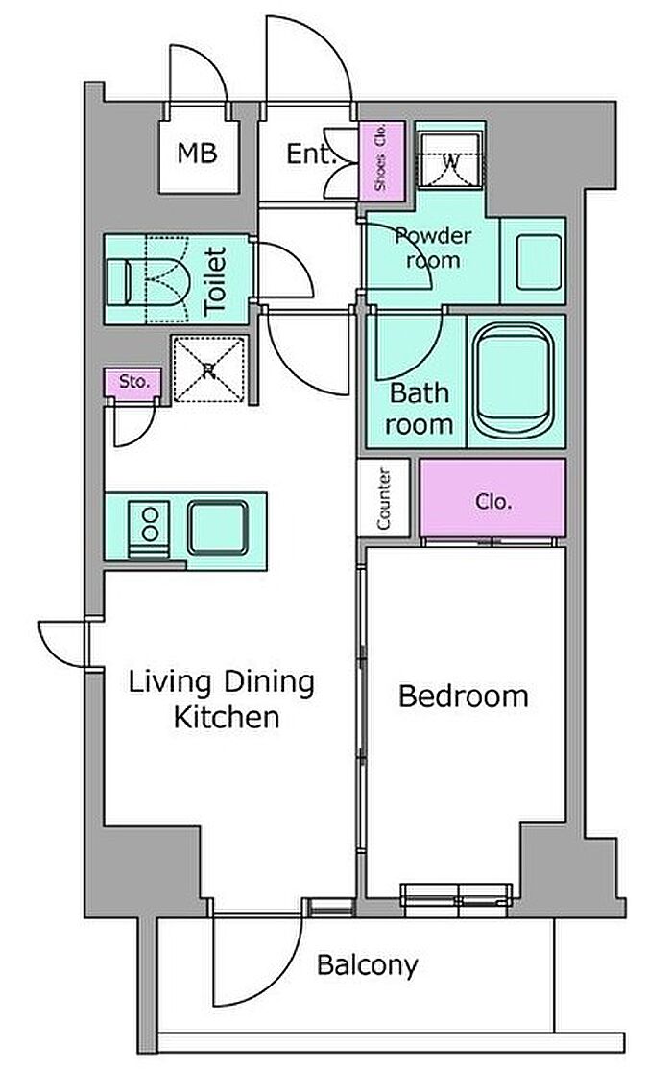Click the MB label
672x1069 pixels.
click(x=197, y=153)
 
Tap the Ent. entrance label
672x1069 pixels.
click(x=310, y=154)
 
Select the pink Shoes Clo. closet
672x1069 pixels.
click(x=382, y=160)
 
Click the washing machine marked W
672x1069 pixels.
click(x=450, y=160)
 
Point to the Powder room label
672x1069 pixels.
click(x=433, y=249)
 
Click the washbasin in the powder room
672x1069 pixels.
click(x=539, y=262)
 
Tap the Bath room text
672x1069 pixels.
click(x=419, y=409)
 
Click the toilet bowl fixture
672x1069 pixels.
click(x=147, y=279)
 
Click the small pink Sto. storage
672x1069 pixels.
click(x=133, y=383)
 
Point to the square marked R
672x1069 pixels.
click(x=208, y=369)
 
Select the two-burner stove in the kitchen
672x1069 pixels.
click(x=149, y=529)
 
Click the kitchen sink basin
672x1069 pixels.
click(x=218, y=527)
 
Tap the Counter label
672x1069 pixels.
click(x=383, y=498)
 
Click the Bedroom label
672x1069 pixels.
click(x=464, y=697)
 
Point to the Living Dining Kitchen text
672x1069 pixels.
click(x=223, y=700)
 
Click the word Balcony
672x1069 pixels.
click(x=368, y=965)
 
